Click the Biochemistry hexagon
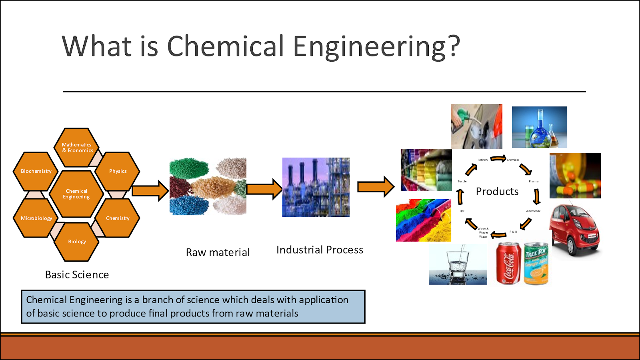(x=36, y=171)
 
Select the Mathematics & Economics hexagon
(x=77, y=147)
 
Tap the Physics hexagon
(x=118, y=171)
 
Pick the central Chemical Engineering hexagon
(x=76, y=194)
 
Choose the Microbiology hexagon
(x=36, y=218)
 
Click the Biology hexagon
(x=77, y=242)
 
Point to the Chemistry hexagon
(x=118, y=218)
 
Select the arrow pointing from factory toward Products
(x=375, y=186)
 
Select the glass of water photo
(x=458, y=264)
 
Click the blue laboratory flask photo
(x=539, y=127)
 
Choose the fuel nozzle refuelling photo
(x=476, y=126)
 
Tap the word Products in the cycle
(x=497, y=192)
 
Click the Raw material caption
(x=218, y=252)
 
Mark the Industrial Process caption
(x=320, y=250)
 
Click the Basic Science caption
(x=77, y=275)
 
